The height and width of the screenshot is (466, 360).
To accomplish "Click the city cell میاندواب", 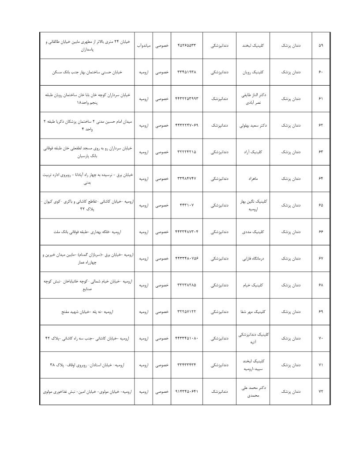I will coord(144,45).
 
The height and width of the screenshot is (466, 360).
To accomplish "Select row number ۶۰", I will coord(320,72).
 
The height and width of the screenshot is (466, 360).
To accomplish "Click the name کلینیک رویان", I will coord(252,72).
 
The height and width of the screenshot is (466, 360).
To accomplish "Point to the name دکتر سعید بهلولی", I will coord(252,125).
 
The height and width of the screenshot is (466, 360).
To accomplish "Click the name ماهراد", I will coord(252,179).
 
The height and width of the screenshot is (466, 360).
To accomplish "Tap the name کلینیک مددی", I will coord(252,232).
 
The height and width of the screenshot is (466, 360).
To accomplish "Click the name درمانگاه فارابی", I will coord(252,258).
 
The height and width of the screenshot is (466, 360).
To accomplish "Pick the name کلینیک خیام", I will coord(252,285).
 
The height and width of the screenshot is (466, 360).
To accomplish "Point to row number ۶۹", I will coord(320,312).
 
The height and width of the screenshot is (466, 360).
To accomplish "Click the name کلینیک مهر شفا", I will coord(252,312).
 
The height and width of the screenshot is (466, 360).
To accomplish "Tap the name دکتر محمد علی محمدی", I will coord(252,391).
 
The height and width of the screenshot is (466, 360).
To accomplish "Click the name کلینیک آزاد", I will coord(252,152).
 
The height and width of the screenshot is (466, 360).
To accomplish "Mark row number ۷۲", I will coord(320,391).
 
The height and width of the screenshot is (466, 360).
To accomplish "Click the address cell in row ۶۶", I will coord(88,232).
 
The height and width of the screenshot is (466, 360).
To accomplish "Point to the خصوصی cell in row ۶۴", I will coord(162,179).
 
